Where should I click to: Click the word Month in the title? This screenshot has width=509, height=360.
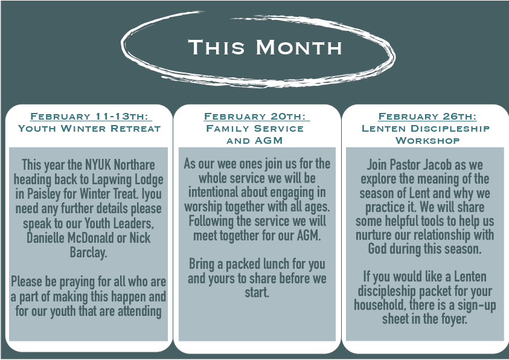(x=299, y=47)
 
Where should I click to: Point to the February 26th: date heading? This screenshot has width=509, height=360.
(x=427, y=116)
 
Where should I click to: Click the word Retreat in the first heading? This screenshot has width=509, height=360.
(x=135, y=129)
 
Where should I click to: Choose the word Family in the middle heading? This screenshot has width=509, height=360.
(x=227, y=129)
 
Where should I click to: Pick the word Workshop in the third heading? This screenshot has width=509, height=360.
(x=427, y=141)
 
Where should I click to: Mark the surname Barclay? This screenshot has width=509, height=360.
(x=89, y=252)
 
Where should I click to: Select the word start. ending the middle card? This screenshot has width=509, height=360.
(x=257, y=292)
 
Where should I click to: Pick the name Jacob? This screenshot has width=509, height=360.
(x=437, y=164)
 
